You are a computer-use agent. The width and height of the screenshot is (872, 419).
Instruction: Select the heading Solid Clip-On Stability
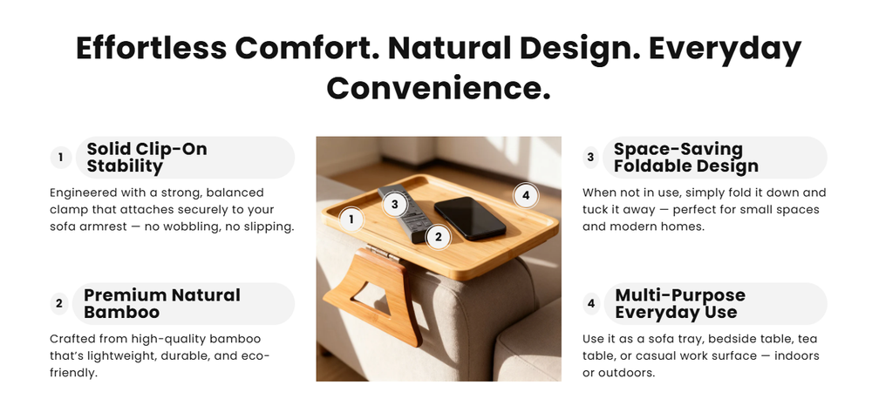click(146, 158)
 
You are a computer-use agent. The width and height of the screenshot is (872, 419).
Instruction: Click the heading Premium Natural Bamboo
click(161, 303)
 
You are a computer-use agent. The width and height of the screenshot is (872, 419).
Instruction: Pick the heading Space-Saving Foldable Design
click(685, 158)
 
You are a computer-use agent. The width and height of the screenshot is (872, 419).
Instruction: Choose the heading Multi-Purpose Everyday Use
click(679, 303)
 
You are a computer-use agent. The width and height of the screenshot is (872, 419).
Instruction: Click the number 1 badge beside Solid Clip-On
click(60, 158)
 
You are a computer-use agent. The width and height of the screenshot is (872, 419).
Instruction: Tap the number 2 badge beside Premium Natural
click(59, 304)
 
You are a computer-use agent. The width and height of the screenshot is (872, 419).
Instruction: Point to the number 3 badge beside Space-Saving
click(590, 158)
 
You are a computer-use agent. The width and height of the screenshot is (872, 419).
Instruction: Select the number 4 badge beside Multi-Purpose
click(590, 304)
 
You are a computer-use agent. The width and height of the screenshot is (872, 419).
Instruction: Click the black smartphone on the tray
click(469, 218)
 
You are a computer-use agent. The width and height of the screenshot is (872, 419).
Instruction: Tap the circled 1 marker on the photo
click(351, 219)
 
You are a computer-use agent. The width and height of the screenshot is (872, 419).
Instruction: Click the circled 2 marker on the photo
click(438, 235)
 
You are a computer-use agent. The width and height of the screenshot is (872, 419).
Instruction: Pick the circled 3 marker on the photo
click(395, 205)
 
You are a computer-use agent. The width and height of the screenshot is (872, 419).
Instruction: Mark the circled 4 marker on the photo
click(525, 195)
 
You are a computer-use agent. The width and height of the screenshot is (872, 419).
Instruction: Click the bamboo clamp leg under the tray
click(375, 296)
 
